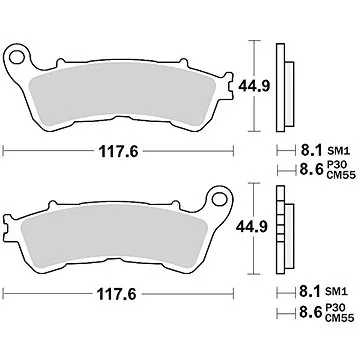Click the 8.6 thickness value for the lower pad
(311, 318)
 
